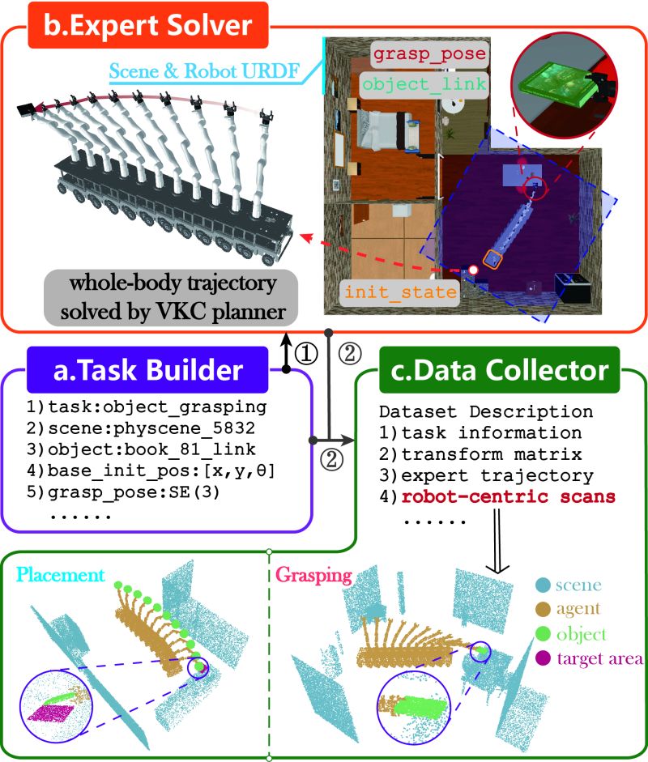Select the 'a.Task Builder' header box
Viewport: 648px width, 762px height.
[x=147, y=371]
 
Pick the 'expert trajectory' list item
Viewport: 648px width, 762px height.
[x=497, y=475]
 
